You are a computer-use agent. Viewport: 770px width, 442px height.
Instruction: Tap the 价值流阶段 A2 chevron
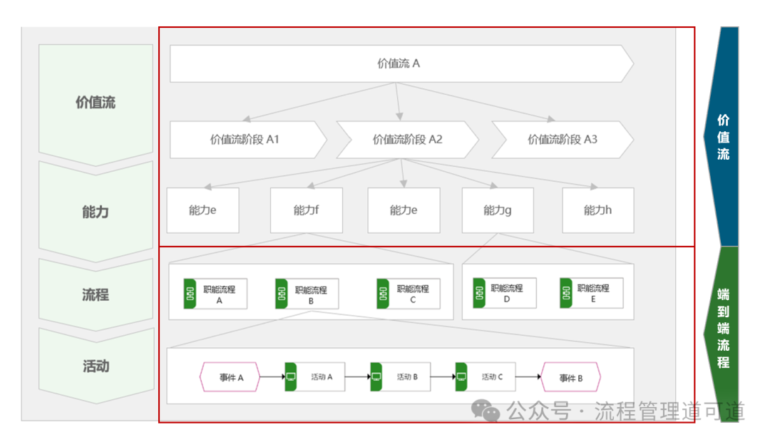tap(407, 140)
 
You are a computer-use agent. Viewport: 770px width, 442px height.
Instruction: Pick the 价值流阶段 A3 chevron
tap(563, 140)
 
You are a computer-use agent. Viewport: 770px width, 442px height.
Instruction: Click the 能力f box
tap(307, 210)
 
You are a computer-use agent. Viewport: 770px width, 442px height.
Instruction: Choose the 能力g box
tap(498, 210)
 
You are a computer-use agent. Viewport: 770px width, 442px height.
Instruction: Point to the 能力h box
tap(598, 210)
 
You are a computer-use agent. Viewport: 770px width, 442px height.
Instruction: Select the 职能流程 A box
tap(215, 294)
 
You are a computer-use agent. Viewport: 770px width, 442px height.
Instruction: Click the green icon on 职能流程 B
tap(282, 294)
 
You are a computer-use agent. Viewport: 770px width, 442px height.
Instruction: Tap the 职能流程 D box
tap(504, 293)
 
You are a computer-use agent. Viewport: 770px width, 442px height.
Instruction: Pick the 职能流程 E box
tap(591, 293)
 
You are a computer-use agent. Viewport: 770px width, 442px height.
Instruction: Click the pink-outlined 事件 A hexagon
tap(230, 376)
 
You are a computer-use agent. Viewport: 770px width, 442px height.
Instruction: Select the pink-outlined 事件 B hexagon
tap(570, 376)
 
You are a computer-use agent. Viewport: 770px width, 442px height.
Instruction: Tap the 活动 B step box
tap(400, 376)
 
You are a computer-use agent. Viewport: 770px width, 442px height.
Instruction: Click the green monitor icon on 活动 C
tap(461, 376)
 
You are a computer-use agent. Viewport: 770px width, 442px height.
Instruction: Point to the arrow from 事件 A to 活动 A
tap(272, 376)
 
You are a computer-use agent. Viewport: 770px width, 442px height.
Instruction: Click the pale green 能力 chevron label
tap(96, 212)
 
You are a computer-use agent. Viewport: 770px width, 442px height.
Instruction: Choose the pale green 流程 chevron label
tap(96, 294)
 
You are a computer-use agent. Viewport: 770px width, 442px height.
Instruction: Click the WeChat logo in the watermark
tap(486, 411)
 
